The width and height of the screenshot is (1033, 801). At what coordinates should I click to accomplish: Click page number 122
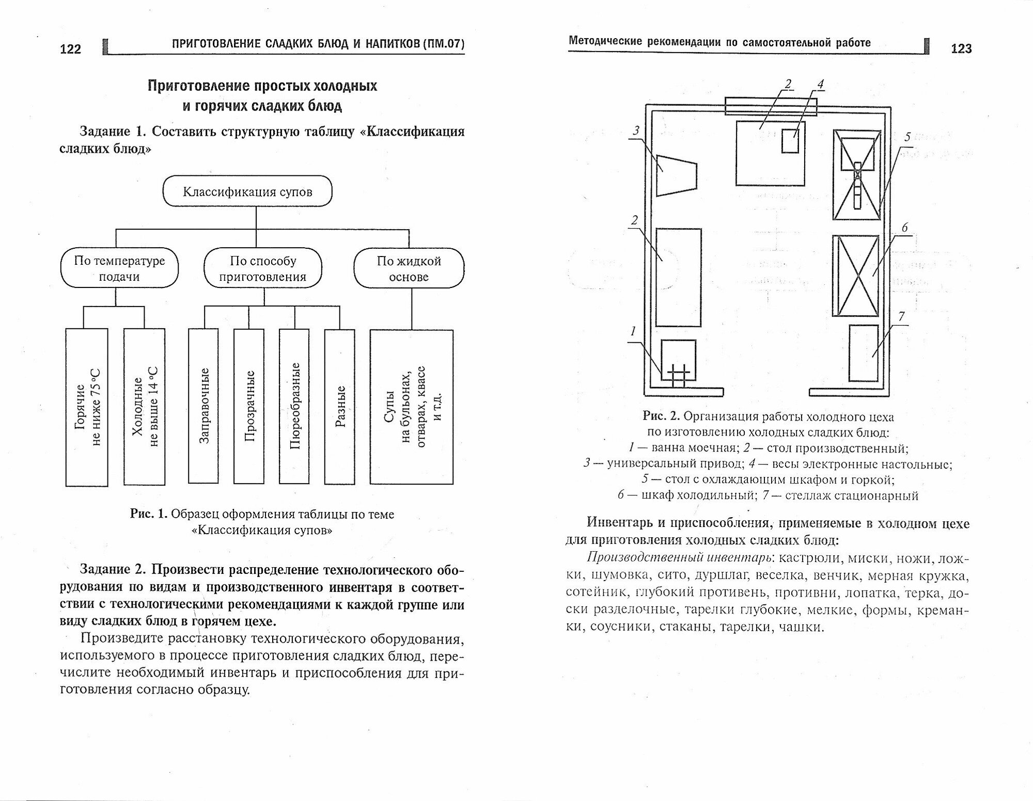71,49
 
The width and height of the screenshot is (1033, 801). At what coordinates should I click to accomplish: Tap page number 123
961,49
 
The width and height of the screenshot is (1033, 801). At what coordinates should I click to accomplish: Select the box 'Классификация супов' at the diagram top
247,192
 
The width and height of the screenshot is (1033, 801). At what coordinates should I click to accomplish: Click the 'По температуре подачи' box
119,268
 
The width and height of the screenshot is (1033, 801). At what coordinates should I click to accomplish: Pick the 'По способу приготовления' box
262,268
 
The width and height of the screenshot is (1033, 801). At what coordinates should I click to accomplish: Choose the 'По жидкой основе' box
409,268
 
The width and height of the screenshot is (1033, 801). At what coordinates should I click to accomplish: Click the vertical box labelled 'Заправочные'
204,406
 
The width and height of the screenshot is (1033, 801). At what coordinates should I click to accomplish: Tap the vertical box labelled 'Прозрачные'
249,406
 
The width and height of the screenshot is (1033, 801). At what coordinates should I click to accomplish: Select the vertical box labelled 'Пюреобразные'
294,406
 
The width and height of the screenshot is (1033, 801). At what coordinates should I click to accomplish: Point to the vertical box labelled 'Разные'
339,406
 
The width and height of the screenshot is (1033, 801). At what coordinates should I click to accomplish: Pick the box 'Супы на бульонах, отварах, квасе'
412,407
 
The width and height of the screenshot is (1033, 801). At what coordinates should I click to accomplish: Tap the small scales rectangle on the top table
790,140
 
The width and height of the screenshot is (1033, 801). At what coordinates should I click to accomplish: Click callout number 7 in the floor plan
901,316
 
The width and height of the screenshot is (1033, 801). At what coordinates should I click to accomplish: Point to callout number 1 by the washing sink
633,331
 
